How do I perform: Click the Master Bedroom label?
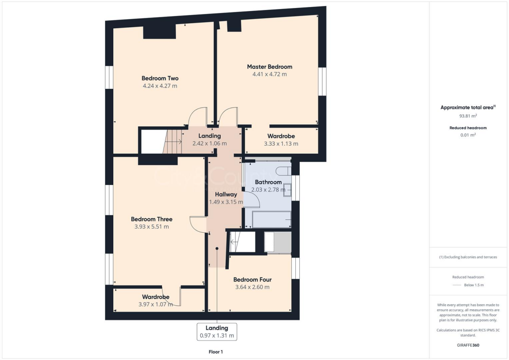click(x=269, y=67)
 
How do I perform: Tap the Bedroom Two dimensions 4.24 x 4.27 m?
click(x=160, y=86)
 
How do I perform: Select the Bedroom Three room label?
click(x=152, y=219)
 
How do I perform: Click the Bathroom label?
click(x=268, y=182)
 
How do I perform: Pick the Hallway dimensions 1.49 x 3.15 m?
click(x=226, y=202)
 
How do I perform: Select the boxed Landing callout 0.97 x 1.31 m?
click(x=217, y=332)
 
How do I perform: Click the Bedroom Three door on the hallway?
click(x=198, y=224)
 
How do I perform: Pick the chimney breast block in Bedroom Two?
click(x=160, y=31)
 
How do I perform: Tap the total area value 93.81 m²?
click(x=468, y=116)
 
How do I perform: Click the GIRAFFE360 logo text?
click(x=468, y=345)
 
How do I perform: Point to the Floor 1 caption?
click(x=216, y=352)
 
